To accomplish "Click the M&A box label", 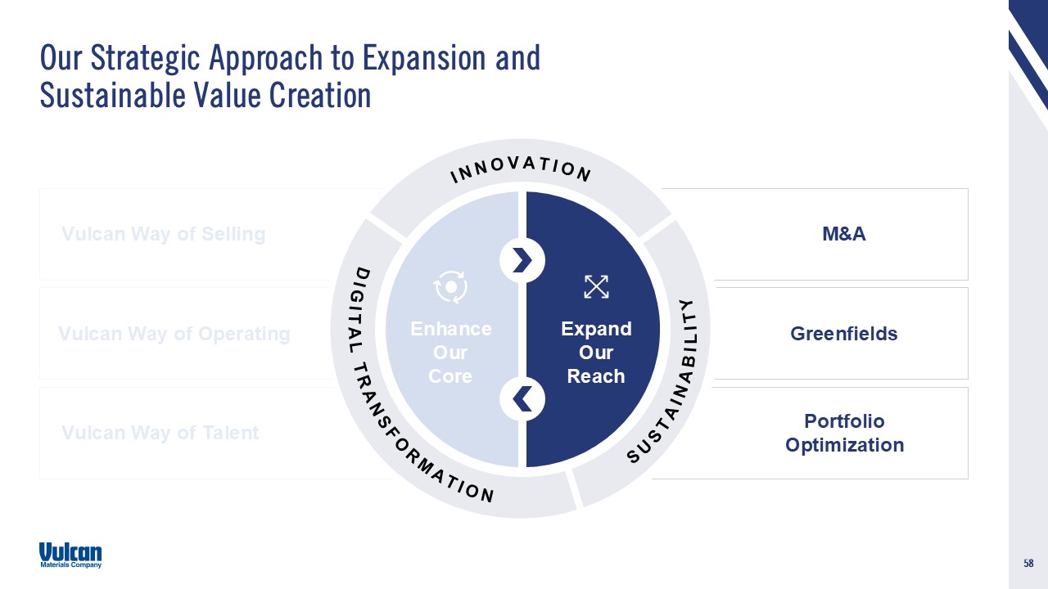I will click(843, 234).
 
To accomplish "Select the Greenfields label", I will click(843, 334).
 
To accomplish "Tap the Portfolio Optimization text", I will click(844, 433).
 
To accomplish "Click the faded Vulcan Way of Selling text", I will click(164, 234).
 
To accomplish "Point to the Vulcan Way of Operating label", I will click(174, 334).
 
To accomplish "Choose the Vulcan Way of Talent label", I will click(160, 433).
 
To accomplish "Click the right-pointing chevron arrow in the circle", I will click(522, 260).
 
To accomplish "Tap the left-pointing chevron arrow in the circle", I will click(522, 398).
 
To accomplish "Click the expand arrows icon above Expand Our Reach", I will click(596, 286).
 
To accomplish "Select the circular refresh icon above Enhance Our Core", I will click(450, 286).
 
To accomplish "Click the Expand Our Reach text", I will click(596, 353).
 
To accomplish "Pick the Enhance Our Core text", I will click(450, 353).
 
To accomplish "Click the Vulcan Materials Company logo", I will click(70, 555).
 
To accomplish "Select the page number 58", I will click(1028, 563).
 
